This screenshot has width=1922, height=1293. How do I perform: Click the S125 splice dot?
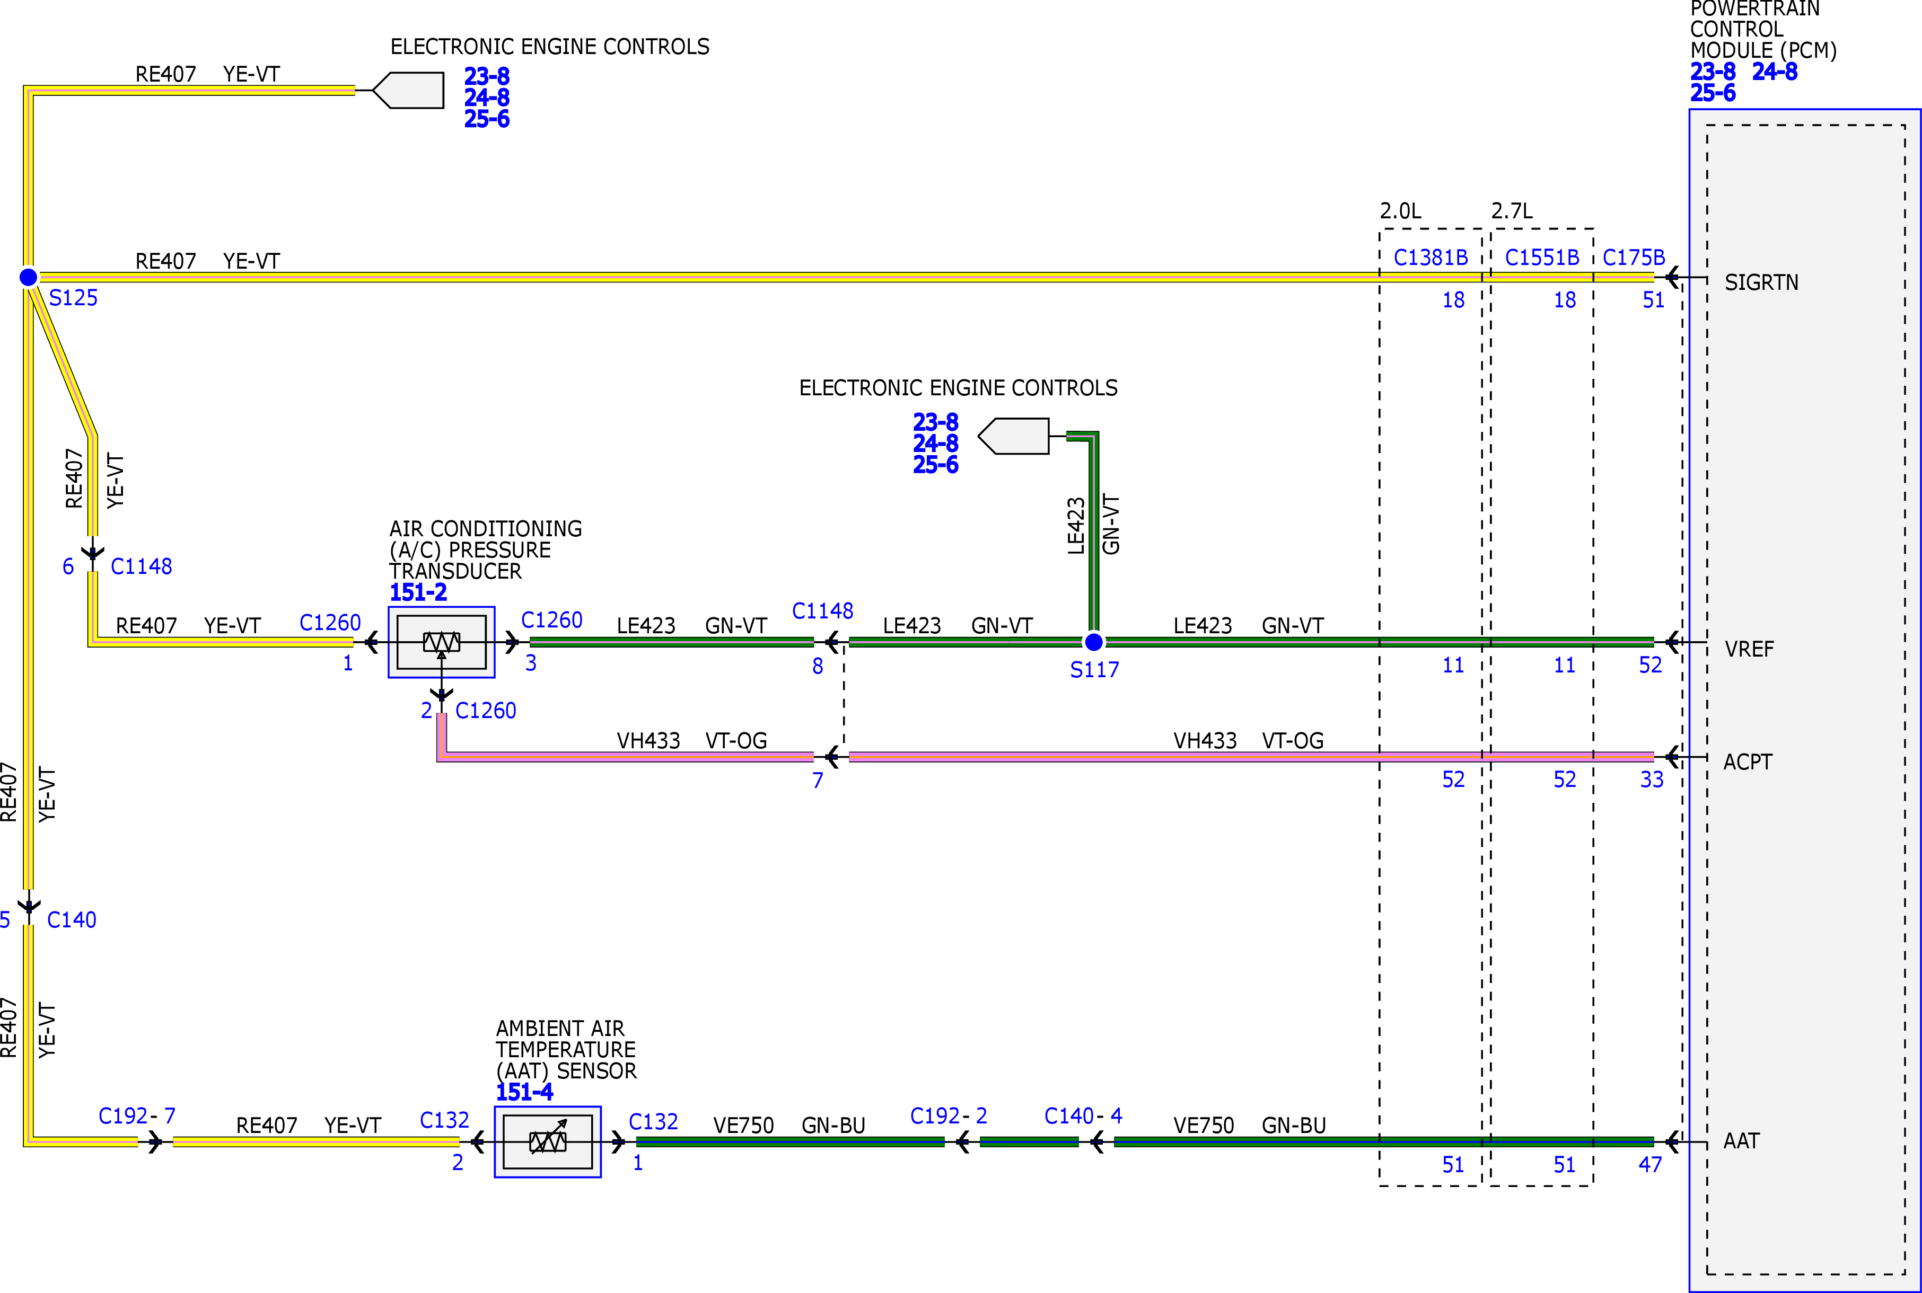pyautogui.click(x=28, y=277)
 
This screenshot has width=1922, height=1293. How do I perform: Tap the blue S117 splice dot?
pyautogui.click(x=1094, y=642)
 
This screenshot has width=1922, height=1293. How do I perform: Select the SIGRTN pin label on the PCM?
pyautogui.click(x=1761, y=283)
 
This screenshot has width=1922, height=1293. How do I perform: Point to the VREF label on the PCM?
pyautogui.click(x=1749, y=649)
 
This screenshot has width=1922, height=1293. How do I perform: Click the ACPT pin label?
pyautogui.click(x=1747, y=762)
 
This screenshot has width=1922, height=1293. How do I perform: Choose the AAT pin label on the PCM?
pyautogui.click(x=1741, y=1141)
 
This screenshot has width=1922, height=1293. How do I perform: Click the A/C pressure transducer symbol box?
pyautogui.click(x=441, y=642)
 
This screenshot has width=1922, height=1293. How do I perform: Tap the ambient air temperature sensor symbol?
pyautogui.click(x=548, y=1142)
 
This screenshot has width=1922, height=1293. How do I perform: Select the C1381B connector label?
pyautogui.click(x=1430, y=258)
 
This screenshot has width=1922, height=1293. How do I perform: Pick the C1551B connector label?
pyautogui.click(x=1542, y=258)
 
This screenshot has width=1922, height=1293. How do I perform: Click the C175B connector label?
pyautogui.click(x=1633, y=258)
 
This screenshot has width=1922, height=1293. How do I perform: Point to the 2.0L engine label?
pyautogui.click(x=1401, y=211)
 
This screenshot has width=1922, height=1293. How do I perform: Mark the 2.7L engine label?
pyautogui.click(x=1512, y=211)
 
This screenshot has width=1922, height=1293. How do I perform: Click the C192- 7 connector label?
pyautogui.click(x=137, y=1115)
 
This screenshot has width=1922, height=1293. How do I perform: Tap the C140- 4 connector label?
pyautogui.click(x=1083, y=1115)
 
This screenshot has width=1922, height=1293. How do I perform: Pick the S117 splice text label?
pyautogui.click(x=1095, y=670)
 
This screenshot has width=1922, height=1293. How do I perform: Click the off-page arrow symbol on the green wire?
pyautogui.click(x=1013, y=436)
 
